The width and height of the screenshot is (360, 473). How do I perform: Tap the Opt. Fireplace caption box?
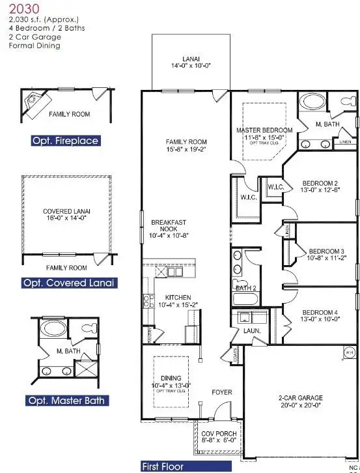pyautogui.click(x=65, y=141)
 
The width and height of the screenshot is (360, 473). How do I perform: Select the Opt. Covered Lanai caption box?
pyautogui.click(x=69, y=283)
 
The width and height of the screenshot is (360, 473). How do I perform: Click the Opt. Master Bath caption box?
pyautogui.click(x=68, y=400)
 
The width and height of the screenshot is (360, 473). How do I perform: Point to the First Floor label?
pyautogui.click(x=163, y=466)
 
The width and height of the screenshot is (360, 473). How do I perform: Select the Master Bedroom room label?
pyautogui.click(x=264, y=134)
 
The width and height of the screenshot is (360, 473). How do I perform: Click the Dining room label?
pyautogui.click(x=171, y=380)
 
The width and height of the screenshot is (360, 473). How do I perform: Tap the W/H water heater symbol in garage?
pyautogui.click(x=348, y=353)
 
